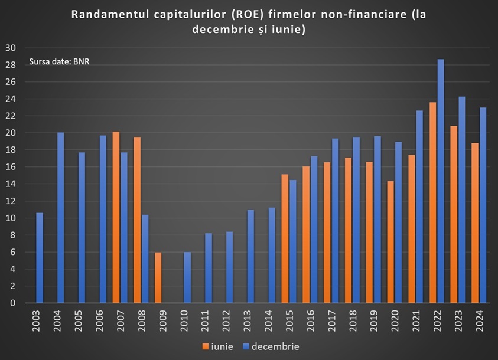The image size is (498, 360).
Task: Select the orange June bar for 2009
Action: click(x=158, y=277)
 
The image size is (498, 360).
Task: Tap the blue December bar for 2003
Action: click(x=40, y=258)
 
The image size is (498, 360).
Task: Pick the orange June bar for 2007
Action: click(x=116, y=217)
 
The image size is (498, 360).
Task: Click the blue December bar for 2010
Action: click(x=187, y=277)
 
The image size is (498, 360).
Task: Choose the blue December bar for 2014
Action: click(x=272, y=255)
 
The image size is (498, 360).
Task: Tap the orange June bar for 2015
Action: click(x=285, y=238)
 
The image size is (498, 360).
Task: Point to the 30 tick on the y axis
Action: click(x=10, y=48)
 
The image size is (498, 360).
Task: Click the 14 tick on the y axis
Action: click(x=10, y=184)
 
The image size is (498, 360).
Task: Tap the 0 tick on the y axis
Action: click(x=12, y=303)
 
